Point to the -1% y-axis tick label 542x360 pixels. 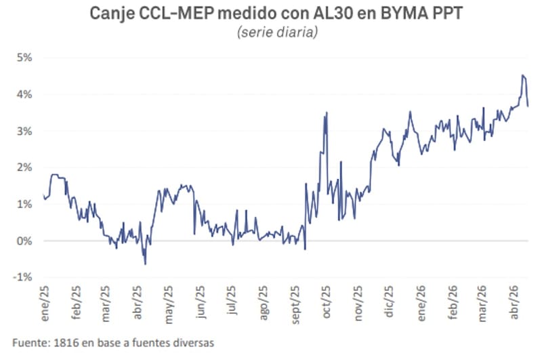[23, 277]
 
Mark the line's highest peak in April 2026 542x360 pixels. [522, 75]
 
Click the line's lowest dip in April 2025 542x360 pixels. [145, 264]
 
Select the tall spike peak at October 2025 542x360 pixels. [327, 113]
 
